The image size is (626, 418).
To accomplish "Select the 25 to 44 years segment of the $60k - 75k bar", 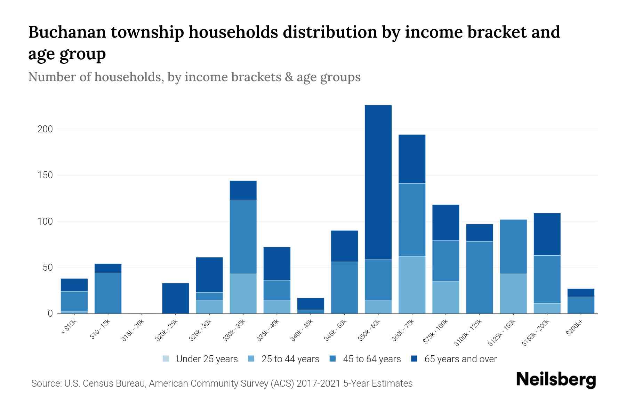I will [412, 285].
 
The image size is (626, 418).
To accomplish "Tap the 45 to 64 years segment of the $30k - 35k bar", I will [243, 237].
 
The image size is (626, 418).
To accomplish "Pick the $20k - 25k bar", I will [176, 298].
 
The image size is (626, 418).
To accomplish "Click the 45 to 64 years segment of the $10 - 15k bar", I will [108, 293].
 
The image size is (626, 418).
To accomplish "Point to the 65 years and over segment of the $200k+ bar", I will [580, 293].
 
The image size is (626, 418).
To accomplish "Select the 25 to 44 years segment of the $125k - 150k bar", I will [513, 293].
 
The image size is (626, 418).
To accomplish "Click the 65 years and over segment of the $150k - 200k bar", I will [547, 234].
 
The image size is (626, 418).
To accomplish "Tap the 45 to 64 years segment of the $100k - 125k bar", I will [479, 277].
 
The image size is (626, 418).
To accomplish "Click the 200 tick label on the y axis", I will [45, 129].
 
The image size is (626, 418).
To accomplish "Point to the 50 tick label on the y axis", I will [48, 268].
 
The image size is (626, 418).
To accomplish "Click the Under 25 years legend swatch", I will [166, 359].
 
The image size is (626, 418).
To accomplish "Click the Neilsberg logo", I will [556, 380].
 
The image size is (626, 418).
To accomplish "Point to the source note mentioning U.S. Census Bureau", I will [222, 384].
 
